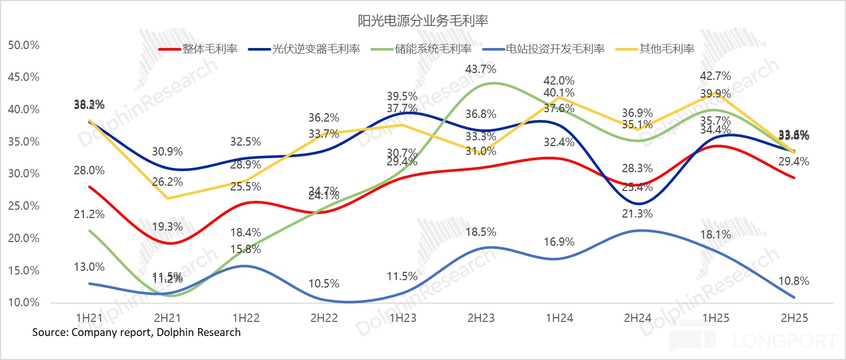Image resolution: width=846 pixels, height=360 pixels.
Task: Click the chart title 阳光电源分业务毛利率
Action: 422,20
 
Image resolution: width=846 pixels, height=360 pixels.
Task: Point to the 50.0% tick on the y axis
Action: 23,45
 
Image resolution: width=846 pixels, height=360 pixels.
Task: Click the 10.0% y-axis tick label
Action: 23,303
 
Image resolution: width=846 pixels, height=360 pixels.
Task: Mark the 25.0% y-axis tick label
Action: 23,206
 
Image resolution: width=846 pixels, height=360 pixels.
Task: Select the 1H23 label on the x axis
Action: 403,318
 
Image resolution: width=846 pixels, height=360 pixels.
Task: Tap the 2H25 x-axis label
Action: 794,318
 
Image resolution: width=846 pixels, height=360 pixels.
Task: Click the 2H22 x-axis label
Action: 324,318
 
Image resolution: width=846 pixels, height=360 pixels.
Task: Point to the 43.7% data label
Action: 480,69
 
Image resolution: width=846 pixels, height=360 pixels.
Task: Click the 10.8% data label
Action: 793,281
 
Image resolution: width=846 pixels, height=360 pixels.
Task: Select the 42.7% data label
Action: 715,76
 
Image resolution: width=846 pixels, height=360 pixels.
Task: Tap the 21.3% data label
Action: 637,214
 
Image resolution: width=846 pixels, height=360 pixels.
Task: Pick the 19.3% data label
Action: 167,227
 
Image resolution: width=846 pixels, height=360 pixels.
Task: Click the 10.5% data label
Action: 324,284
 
